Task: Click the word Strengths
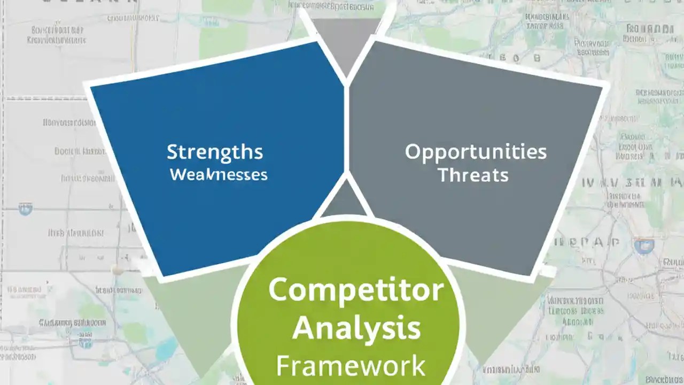pos(215,152)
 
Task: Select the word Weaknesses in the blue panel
pos(219,174)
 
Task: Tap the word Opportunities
pos(476,152)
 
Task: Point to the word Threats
pos(473,175)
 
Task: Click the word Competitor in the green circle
pos(356,290)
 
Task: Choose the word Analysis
pos(356,327)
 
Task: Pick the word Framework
pos(351,366)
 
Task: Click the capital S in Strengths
pos(172,152)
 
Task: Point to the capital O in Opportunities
pos(413,152)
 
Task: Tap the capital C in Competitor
pos(278,290)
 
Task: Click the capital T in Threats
pos(443,174)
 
